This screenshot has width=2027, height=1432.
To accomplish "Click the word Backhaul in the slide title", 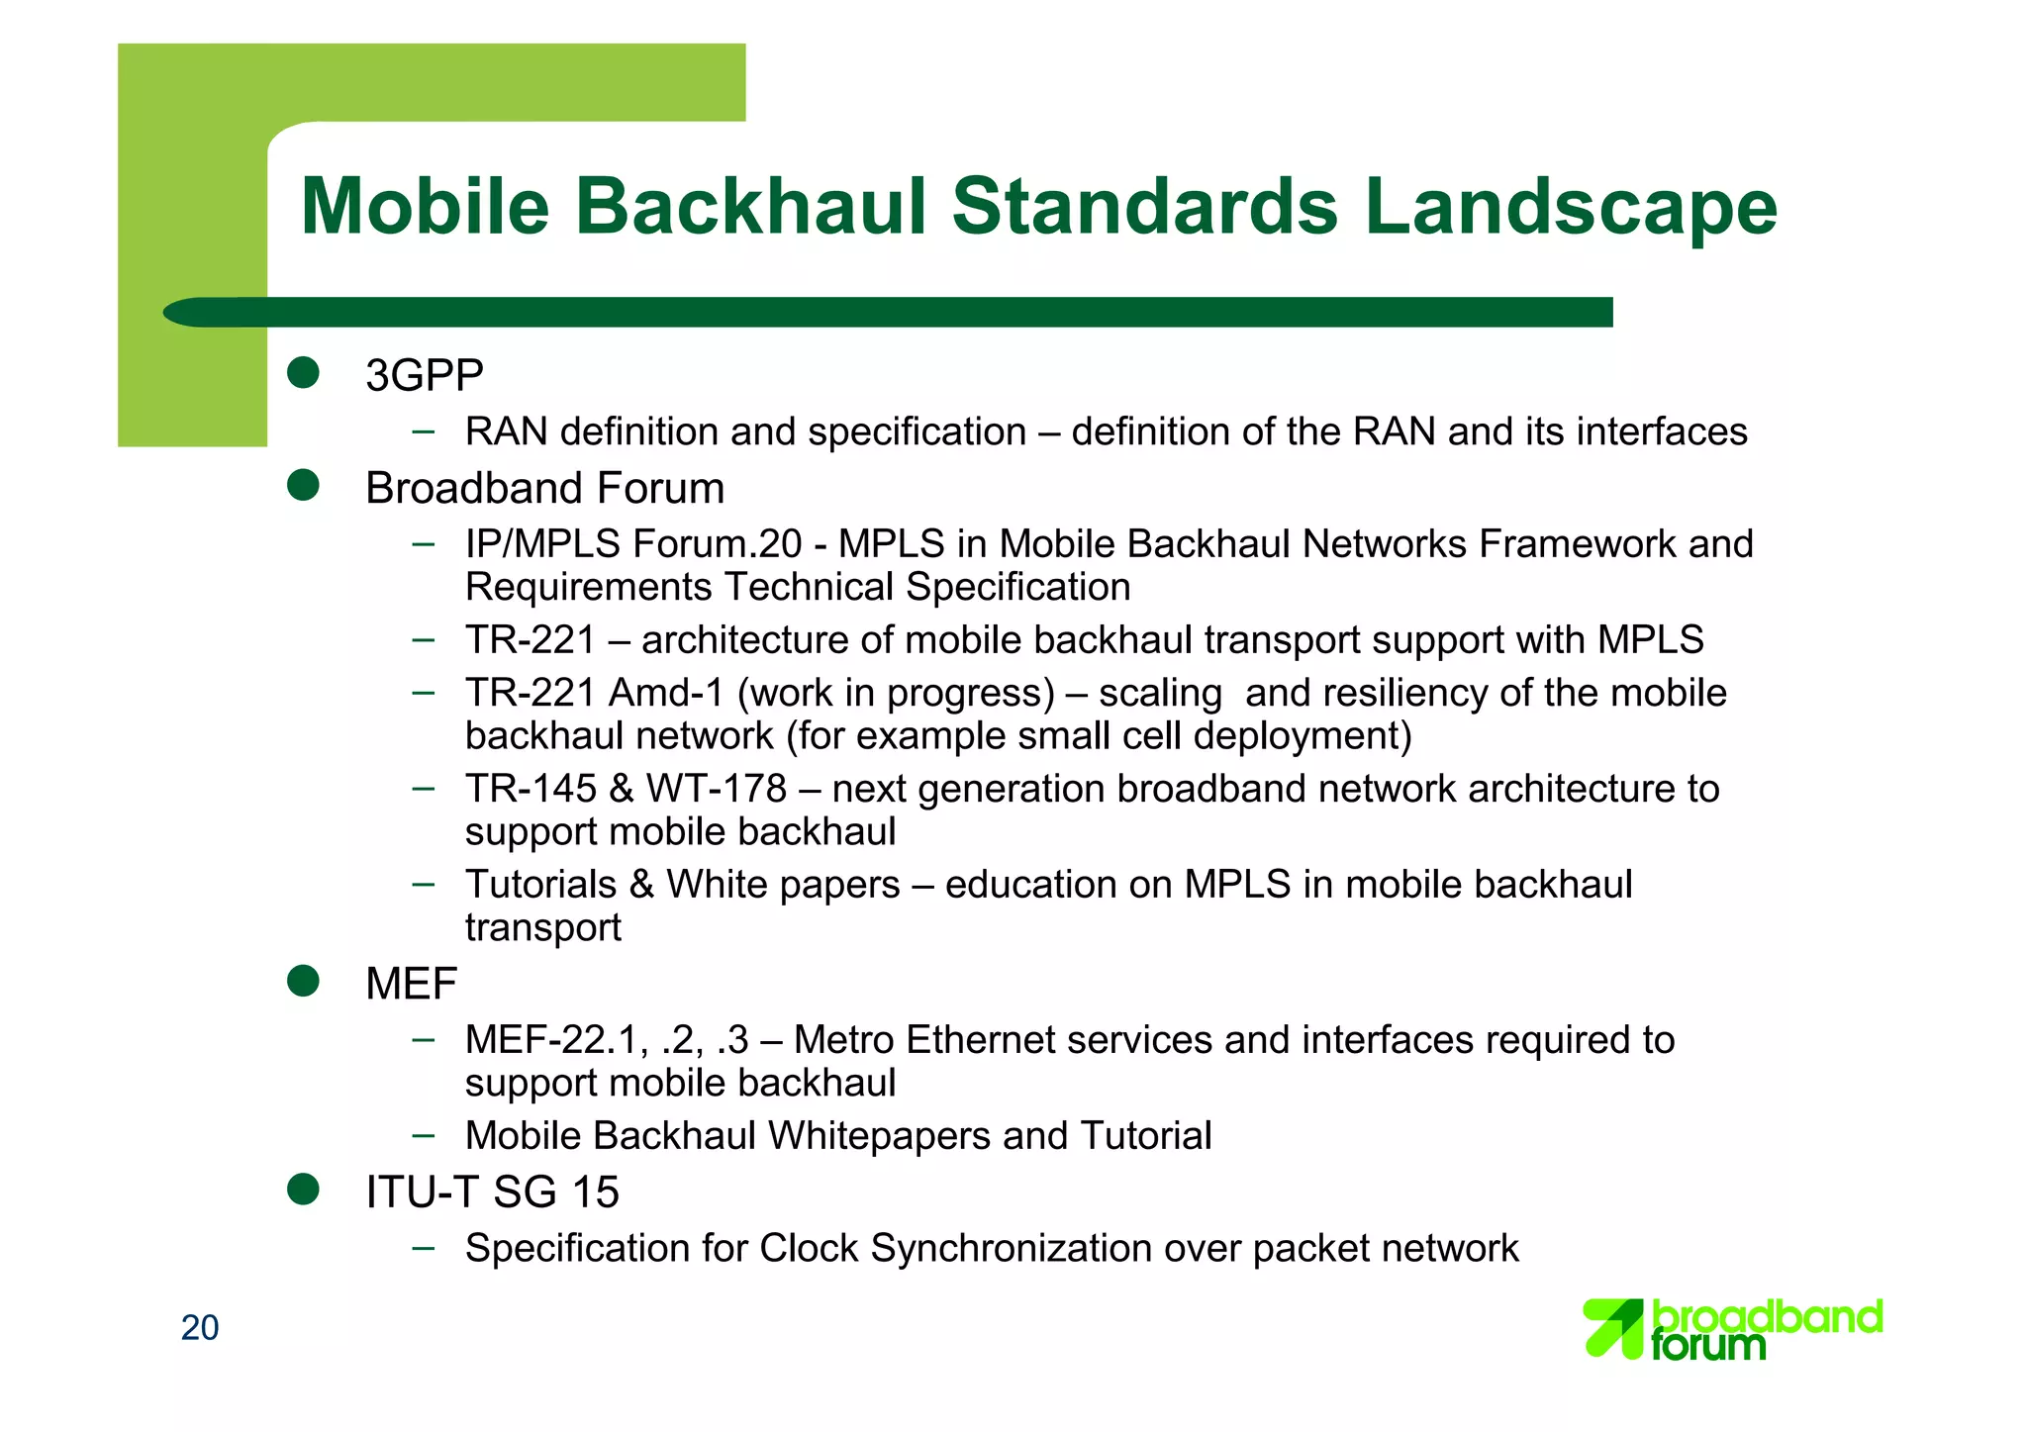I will point(751,207).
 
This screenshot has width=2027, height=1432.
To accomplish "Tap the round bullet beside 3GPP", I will point(303,373).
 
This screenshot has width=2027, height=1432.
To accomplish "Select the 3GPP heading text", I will point(424,376).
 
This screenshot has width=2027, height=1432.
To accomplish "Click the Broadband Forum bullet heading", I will point(544,489).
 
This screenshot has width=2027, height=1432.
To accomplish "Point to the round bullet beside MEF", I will point(303,982).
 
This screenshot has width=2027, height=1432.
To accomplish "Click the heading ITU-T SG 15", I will point(492,1193).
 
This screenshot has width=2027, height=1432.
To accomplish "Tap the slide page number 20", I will point(200,1328).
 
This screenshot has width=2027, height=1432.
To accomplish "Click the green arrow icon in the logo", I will point(1613,1327).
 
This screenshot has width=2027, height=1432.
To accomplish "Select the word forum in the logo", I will point(1708,1346).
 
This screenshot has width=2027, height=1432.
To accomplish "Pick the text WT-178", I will point(717,790).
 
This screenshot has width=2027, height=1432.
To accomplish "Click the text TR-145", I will point(531,790).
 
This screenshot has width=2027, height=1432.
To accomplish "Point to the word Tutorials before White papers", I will point(541,885).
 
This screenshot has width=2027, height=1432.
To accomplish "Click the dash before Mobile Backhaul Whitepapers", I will point(424,1135).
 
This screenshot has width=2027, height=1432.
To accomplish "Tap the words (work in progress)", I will point(896,694).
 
